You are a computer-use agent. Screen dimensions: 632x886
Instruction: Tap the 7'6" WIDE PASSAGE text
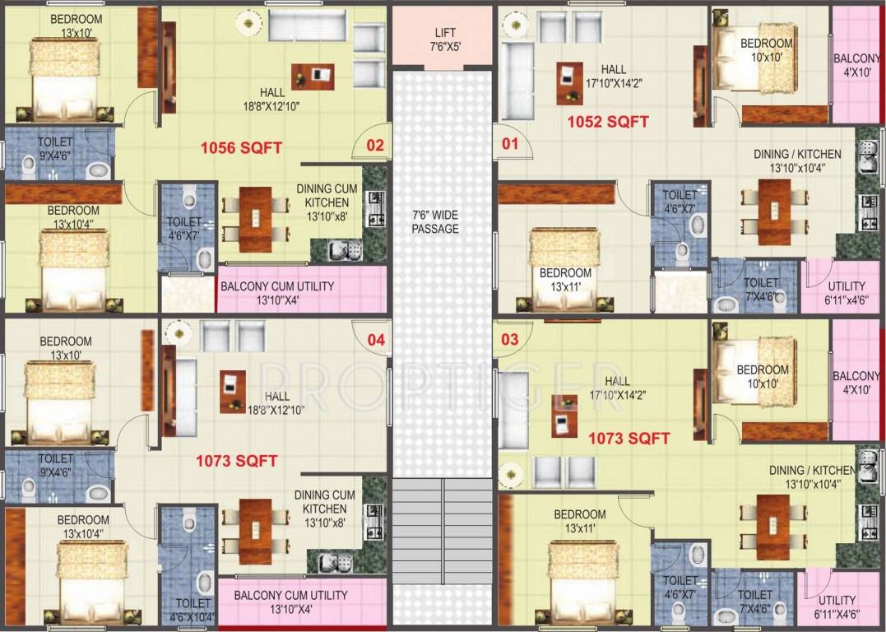pos(435,221)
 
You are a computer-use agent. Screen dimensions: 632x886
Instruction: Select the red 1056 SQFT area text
pos(241,148)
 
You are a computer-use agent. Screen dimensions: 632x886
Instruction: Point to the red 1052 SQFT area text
pos(608,122)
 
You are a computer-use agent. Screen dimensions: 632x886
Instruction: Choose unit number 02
pos(374,146)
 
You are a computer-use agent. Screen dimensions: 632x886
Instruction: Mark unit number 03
pos(510,339)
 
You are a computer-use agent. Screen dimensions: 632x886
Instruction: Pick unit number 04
pos(375,339)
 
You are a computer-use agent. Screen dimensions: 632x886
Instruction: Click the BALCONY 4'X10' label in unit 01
pos(857,65)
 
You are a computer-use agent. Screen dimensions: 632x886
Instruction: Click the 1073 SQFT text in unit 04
pos(236,461)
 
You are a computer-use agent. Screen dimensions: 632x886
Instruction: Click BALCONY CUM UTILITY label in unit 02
pos(276,292)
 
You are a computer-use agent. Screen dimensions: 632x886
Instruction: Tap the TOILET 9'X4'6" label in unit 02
pos(54,148)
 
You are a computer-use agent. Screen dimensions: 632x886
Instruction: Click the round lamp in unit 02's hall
pos(248,24)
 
